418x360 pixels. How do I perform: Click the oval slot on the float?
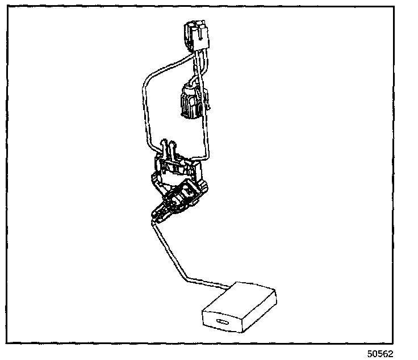click(222, 323)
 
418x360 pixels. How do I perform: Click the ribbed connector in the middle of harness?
click(190, 102)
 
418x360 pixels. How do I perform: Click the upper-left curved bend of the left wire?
click(149, 74)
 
